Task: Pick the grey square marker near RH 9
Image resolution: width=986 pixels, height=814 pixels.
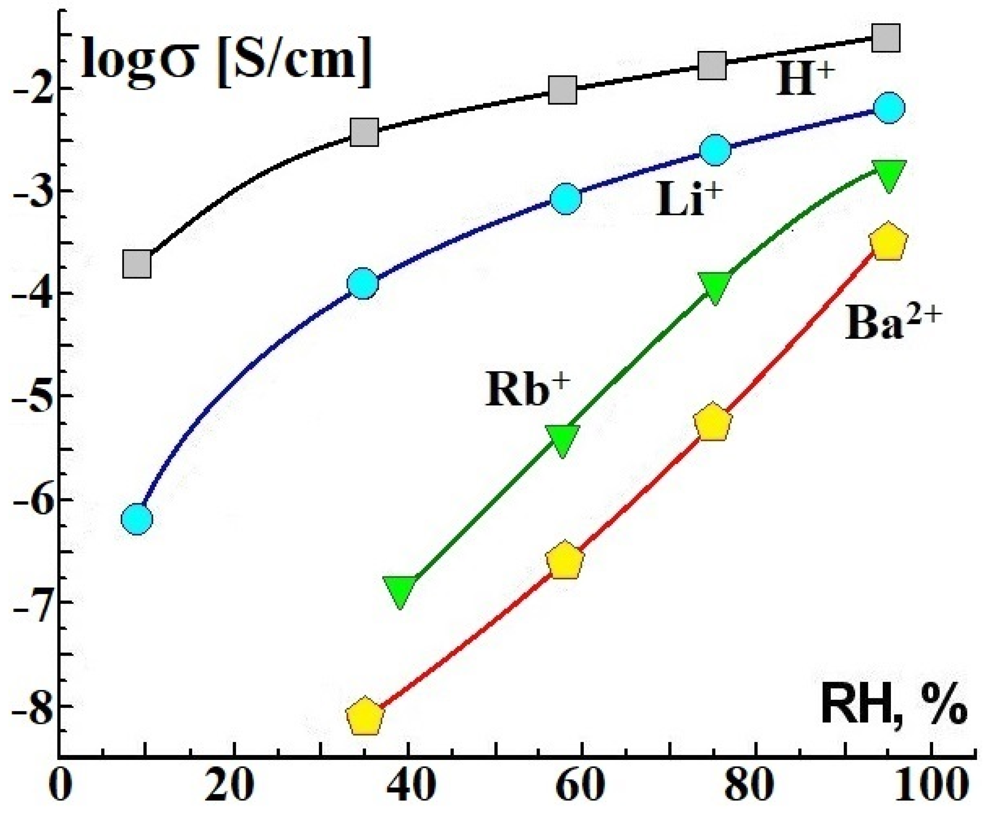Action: (x=137, y=264)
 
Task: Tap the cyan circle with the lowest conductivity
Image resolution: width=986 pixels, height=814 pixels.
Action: (x=137, y=519)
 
